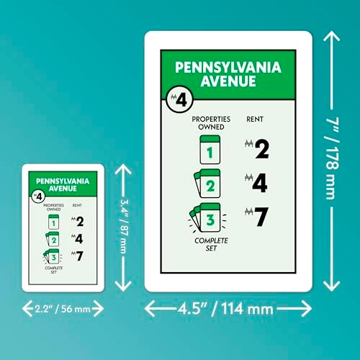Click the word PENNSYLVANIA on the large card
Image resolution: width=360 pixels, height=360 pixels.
(228, 68)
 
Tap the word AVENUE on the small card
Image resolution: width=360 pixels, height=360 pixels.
(63, 189)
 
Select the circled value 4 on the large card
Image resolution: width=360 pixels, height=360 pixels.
(180, 99)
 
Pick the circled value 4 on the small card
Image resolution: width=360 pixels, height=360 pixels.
(38, 197)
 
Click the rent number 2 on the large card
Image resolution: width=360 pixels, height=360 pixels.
(262, 149)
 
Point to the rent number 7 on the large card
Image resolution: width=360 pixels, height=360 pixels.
(261, 217)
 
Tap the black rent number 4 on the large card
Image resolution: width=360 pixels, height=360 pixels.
(260, 183)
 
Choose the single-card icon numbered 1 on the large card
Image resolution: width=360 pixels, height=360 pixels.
(210, 150)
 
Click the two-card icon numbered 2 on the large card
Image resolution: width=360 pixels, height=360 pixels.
(207, 184)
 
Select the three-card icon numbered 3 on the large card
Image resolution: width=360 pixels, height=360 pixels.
(207, 218)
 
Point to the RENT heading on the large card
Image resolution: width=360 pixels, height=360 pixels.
(255, 119)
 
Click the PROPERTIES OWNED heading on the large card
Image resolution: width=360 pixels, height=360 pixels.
(211, 123)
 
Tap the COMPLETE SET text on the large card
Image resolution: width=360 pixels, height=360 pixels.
(211, 244)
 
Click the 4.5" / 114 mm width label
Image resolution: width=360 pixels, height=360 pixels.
(225, 309)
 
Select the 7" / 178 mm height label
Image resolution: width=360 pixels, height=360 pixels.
(333, 158)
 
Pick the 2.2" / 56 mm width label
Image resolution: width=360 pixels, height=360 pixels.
(63, 309)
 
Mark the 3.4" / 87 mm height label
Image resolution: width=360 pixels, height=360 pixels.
(123, 226)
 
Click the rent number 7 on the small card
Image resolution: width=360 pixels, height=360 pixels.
(79, 256)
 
